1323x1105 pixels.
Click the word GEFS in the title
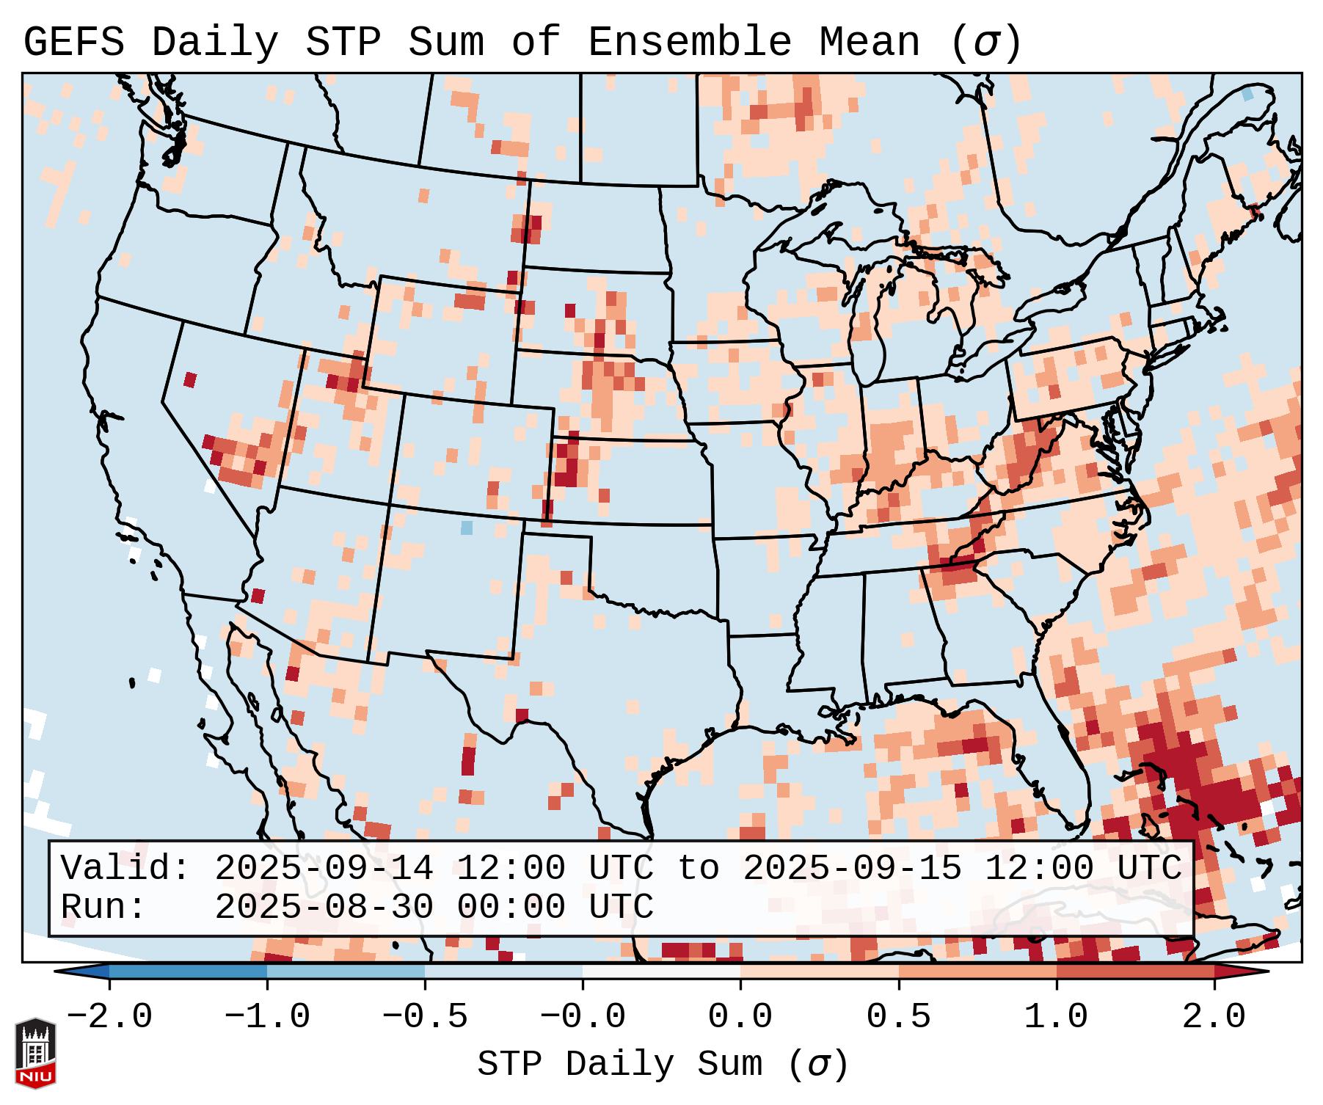coord(73,42)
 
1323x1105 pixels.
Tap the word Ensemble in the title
coord(689,42)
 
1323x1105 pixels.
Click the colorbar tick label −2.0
coord(109,1017)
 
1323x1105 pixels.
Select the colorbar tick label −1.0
coord(267,1017)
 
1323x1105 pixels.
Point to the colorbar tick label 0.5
coord(898,1017)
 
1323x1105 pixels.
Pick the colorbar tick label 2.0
coord(1214,1017)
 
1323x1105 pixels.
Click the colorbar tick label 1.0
coord(1056,1017)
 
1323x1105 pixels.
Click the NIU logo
coord(35,1053)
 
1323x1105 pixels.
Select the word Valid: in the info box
coord(125,868)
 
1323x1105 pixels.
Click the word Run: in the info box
coord(103,907)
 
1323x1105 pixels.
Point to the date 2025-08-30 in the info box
coord(324,907)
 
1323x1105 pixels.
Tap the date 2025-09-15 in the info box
coord(852,868)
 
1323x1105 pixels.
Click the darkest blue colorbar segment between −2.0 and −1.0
coord(188,971)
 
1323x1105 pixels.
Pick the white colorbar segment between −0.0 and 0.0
coord(661,971)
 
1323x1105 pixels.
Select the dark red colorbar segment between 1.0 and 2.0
coord(1135,971)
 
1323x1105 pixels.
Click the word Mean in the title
coord(869,42)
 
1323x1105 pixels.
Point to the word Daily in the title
coord(214,42)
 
